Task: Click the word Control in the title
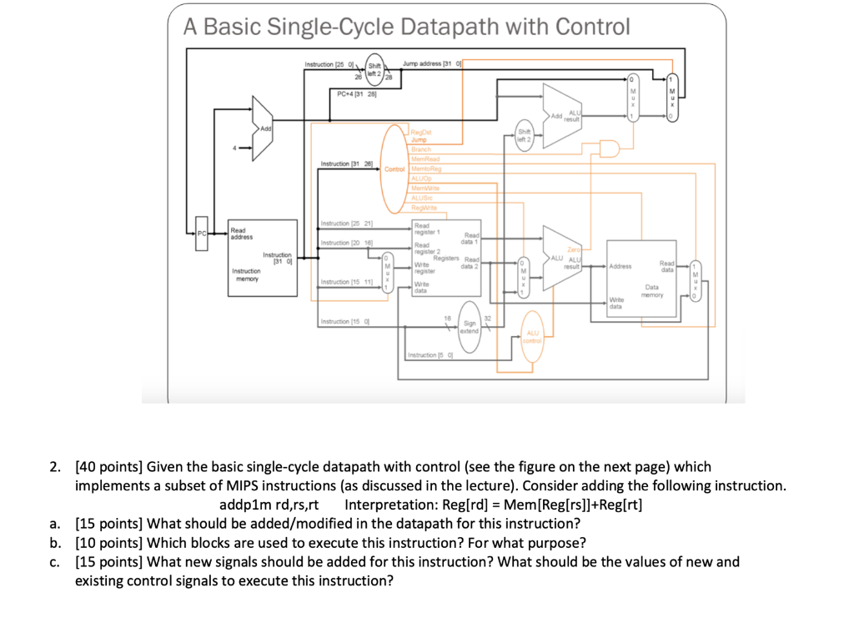tap(588, 28)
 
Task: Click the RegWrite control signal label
tap(424, 207)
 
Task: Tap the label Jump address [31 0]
tap(432, 64)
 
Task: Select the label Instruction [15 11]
tap(346, 283)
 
